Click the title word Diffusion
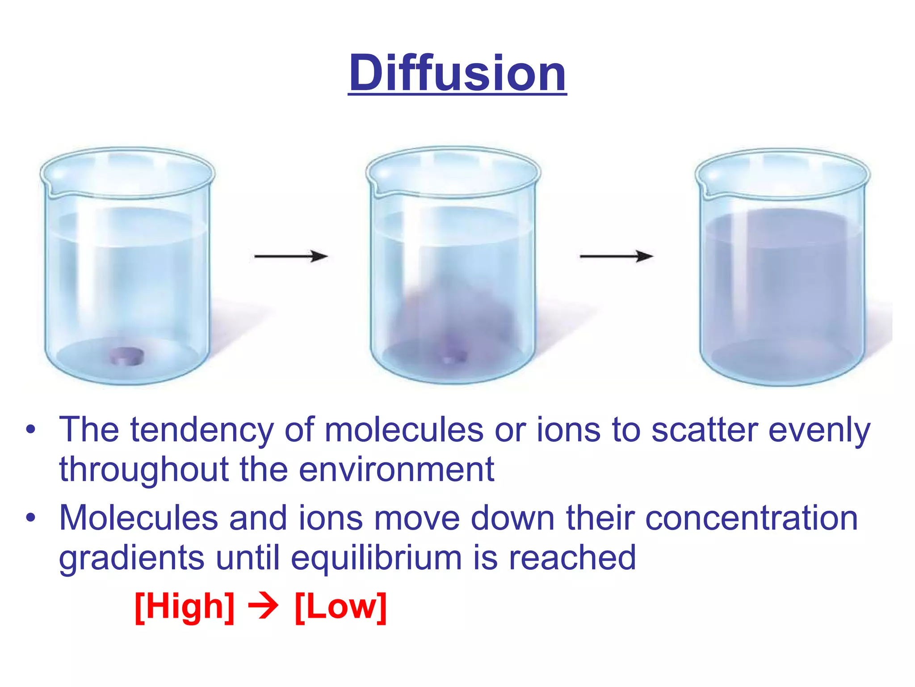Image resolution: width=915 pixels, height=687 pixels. [x=457, y=73]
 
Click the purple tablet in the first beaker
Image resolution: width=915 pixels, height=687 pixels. [x=127, y=356]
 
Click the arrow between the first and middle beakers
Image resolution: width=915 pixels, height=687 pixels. [x=291, y=256]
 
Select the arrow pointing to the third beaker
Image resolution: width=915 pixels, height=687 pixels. [x=616, y=256]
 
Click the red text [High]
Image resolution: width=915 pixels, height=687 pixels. [x=185, y=607]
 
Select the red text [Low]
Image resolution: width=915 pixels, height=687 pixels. [x=340, y=607]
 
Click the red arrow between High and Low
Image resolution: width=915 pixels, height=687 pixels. [x=264, y=607]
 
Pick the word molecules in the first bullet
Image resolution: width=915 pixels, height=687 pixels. [x=404, y=430]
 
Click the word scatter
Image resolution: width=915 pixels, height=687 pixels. [x=705, y=430]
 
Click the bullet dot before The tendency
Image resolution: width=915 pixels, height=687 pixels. [x=30, y=430]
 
